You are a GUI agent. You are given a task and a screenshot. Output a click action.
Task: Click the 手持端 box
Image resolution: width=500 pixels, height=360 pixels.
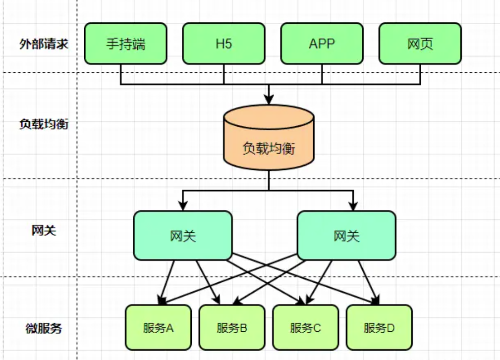(x=125, y=44)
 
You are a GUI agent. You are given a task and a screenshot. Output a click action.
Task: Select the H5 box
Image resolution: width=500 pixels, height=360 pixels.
(x=223, y=44)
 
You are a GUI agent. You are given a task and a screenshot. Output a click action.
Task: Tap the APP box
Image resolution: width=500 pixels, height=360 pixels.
(x=322, y=44)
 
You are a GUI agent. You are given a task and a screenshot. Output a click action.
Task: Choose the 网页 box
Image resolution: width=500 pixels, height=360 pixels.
(x=420, y=44)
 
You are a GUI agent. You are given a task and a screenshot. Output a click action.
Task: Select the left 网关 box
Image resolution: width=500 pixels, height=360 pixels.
(x=183, y=236)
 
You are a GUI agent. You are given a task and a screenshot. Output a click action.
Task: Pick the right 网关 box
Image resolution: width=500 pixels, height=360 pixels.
(x=346, y=236)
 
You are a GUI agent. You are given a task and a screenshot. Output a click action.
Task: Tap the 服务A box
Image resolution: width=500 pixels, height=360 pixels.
(x=158, y=327)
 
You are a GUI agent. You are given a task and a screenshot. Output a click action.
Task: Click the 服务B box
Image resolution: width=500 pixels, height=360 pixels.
(x=231, y=327)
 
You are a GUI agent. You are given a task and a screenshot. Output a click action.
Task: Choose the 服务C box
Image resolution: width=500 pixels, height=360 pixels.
(x=305, y=327)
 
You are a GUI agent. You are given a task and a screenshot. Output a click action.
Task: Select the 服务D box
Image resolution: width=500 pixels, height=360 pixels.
(x=379, y=327)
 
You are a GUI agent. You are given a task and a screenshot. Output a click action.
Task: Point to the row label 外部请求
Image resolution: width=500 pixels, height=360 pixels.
(x=44, y=44)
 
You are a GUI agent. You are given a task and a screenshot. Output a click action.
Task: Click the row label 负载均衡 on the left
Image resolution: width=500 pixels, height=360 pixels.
(x=44, y=124)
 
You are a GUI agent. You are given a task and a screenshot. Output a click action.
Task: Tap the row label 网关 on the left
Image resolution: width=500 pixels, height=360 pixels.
(x=44, y=230)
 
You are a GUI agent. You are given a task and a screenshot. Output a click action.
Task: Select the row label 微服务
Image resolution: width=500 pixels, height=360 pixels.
(x=44, y=328)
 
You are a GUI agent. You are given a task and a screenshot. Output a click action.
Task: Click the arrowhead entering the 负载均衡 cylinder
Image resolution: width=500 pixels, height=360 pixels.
(x=269, y=100)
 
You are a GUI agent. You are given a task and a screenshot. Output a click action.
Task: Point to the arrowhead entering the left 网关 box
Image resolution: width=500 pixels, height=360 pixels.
(x=183, y=206)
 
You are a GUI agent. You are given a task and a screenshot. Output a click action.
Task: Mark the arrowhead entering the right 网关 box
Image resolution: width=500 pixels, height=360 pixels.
(x=353, y=206)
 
